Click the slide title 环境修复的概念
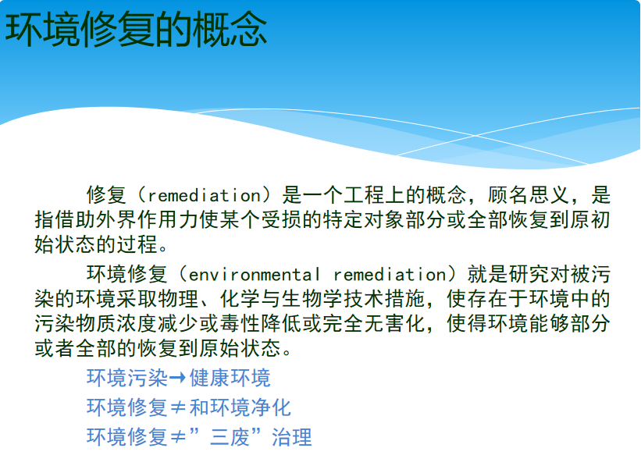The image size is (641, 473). coord(136,29)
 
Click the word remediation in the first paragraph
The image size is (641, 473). coord(204,195)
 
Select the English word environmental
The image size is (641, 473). coord(254,274)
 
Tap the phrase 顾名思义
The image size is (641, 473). coord(528,195)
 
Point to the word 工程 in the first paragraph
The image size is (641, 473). coord(364,195)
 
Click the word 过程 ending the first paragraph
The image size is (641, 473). coord(137,244)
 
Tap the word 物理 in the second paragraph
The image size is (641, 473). coord(178,299)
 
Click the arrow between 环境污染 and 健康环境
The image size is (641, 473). coord(177,378)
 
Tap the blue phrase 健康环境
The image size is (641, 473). coord(230,378)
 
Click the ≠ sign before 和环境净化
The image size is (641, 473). coord(178,408)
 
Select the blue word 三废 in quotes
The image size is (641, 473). coord(230,437)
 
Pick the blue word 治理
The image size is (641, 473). coord(292,437)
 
